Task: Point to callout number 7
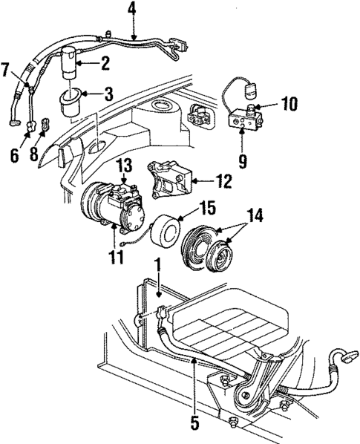pyautogui.click(x=7, y=70)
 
